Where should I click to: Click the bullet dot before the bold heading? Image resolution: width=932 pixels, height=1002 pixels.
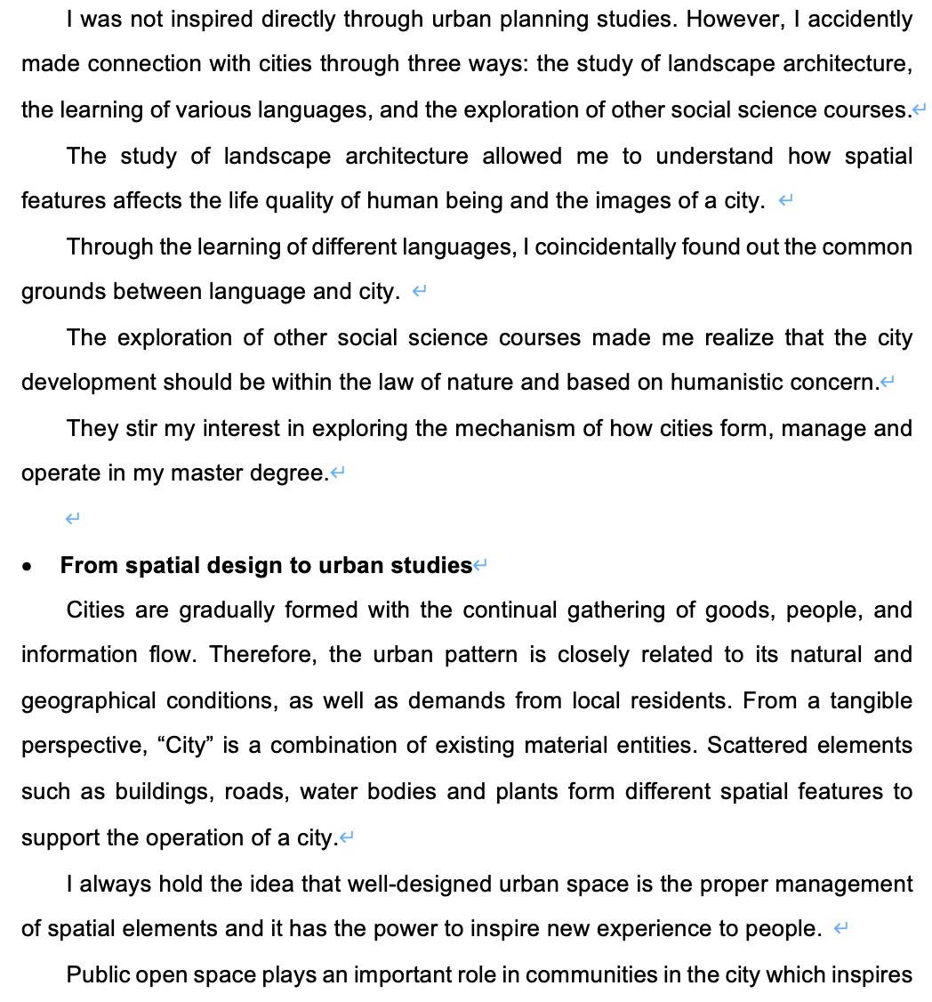pos(30,567)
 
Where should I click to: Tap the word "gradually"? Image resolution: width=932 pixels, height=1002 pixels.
pos(227,610)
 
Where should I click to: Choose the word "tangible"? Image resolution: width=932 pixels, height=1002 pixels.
pos(871,701)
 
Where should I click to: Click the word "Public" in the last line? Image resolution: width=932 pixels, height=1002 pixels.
pos(98,975)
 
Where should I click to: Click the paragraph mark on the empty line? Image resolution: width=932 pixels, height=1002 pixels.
pos(74,519)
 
